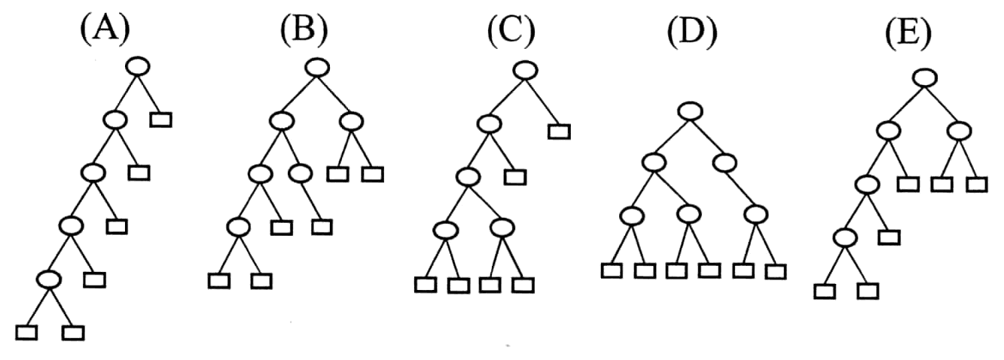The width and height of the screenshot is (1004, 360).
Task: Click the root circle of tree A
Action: tap(138, 67)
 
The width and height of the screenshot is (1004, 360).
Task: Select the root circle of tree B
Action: tap(317, 68)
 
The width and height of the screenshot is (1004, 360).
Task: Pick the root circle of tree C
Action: tap(525, 70)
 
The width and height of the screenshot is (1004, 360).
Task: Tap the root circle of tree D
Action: tap(690, 111)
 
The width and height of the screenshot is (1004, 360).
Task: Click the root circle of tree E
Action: tap(925, 78)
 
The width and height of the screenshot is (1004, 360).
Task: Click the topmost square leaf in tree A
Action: tap(161, 120)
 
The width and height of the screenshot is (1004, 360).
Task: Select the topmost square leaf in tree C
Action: tap(559, 132)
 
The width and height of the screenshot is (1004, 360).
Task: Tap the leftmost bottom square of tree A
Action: tap(26, 333)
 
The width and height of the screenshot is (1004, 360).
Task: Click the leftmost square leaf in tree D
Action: tap(612, 271)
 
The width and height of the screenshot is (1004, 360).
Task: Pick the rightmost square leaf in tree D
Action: tap(776, 272)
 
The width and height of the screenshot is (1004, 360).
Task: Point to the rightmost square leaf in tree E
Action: tap(977, 185)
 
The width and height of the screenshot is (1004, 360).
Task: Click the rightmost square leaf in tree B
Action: tap(373, 174)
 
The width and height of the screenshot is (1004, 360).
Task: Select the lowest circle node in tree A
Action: tap(49, 279)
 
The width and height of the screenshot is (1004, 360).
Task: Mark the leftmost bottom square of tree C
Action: tap(426, 285)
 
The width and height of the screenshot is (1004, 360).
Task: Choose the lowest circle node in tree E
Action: tap(845, 237)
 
